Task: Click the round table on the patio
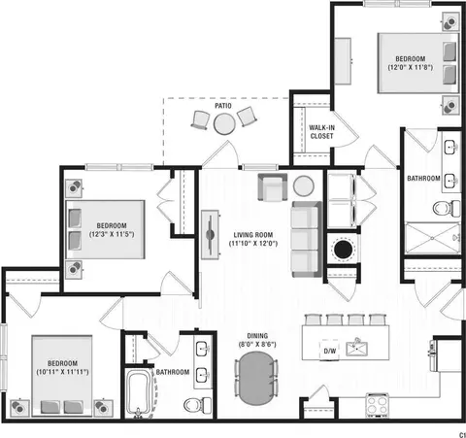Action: click(224, 123)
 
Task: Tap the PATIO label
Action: click(223, 106)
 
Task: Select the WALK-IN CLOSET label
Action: click(321, 132)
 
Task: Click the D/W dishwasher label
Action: click(330, 351)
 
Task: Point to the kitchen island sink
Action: click(356, 349)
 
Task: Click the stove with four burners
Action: click(378, 405)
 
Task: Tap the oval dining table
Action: click(256, 378)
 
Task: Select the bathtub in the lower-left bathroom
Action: click(138, 393)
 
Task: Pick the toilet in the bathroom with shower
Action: click(447, 208)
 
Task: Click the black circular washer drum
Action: click(343, 250)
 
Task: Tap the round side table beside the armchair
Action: click(304, 186)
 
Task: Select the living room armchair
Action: click(273, 187)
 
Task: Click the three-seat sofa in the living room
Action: click(307, 239)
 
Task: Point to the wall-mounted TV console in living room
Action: click(210, 235)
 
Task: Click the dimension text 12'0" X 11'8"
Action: click(411, 67)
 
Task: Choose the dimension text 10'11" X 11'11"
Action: click(62, 372)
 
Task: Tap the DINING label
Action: click(257, 336)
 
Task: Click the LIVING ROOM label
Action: click(253, 235)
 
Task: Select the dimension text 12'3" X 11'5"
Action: click(112, 234)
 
